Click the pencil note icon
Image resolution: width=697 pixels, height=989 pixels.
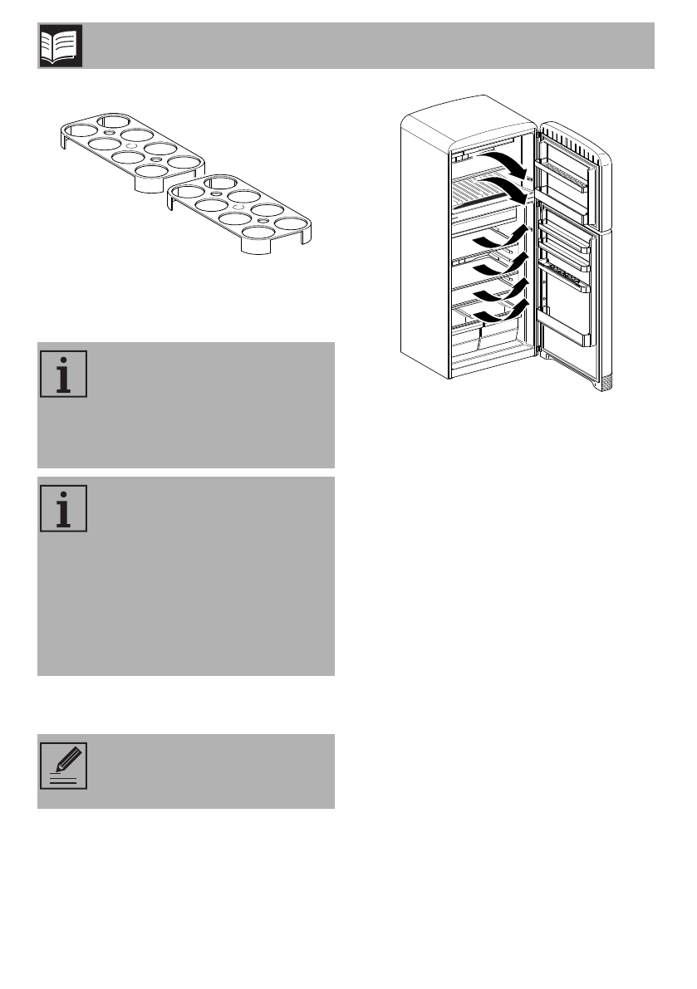(x=63, y=766)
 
